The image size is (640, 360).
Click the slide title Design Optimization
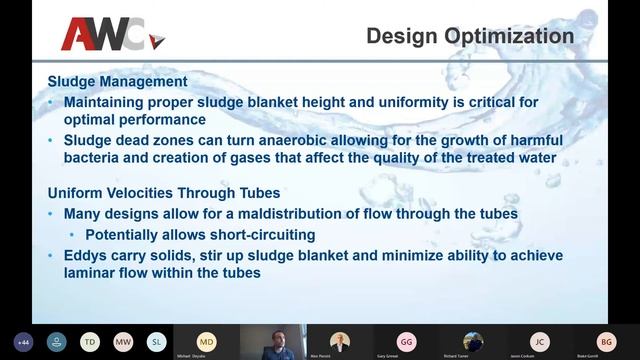tap(470, 37)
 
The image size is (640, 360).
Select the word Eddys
tap(88, 255)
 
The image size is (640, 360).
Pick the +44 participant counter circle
tap(22, 341)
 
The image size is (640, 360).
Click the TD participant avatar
tap(89, 341)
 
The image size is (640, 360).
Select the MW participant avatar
tap(123, 341)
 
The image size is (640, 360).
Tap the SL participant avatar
tap(157, 341)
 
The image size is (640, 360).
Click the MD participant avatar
tap(206, 340)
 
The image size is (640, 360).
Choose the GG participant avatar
tap(406, 340)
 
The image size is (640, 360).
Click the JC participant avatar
tap(539, 340)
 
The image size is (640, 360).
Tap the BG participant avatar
tap(606, 340)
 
